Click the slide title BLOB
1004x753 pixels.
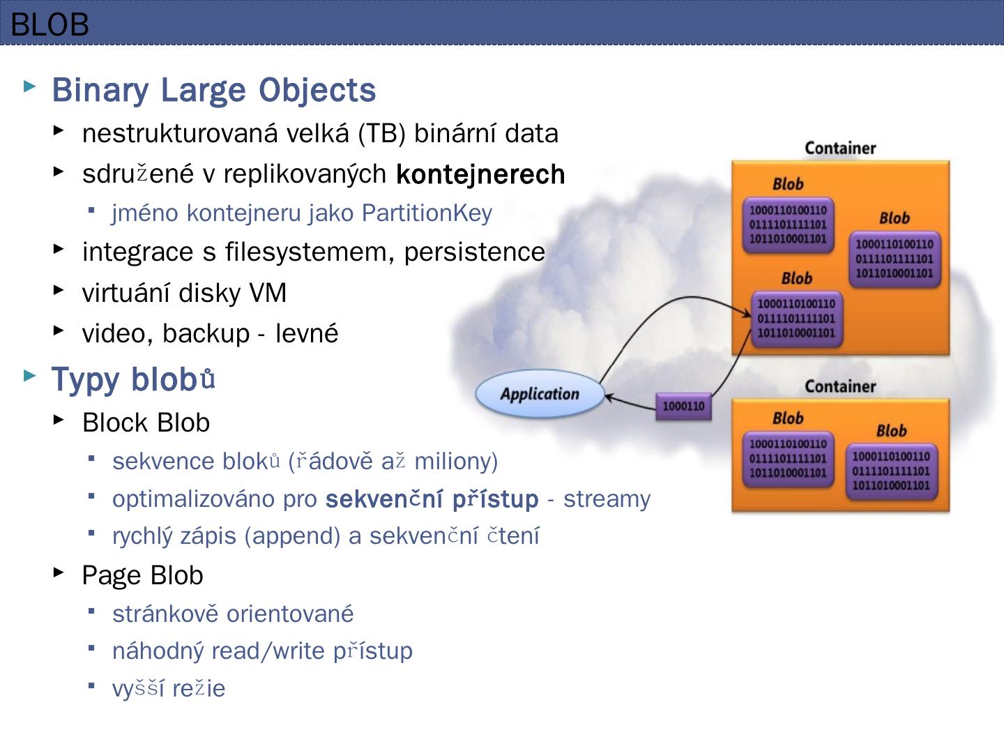[50, 25]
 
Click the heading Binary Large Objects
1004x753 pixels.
[213, 90]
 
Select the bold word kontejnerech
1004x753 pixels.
[480, 174]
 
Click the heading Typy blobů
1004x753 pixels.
[133, 379]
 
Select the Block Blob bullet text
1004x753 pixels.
[146, 423]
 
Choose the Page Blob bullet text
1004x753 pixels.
[142, 575]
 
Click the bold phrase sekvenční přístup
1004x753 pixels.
[432, 499]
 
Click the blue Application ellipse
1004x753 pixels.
[540, 394]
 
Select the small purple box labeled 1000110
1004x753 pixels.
[683, 406]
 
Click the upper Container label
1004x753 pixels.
[840, 148]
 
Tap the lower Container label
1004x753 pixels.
[840, 386]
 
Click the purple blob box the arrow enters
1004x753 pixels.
[796, 319]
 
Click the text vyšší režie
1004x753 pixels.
[169, 689]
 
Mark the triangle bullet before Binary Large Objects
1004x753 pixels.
[29, 86]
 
